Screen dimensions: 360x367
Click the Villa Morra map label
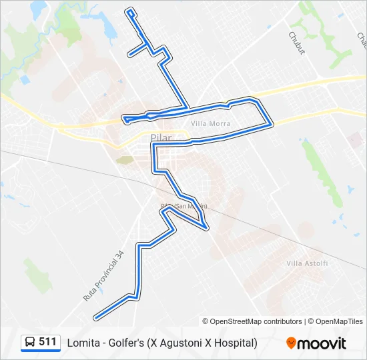tap(210, 124)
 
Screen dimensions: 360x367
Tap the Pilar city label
tap(161, 138)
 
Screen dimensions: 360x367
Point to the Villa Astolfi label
tap(307, 264)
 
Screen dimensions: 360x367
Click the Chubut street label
tap(296, 43)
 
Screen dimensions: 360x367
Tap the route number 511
tap(47, 342)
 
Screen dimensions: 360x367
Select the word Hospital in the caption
tap(233, 343)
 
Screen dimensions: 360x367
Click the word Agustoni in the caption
tap(179, 343)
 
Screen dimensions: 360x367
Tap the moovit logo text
tap(322, 343)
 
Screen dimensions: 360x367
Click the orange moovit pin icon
tap(292, 343)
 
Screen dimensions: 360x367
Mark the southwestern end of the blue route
tap(96, 317)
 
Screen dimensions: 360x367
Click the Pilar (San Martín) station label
tap(183, 206)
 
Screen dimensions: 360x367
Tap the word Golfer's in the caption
tap(128, 343)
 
